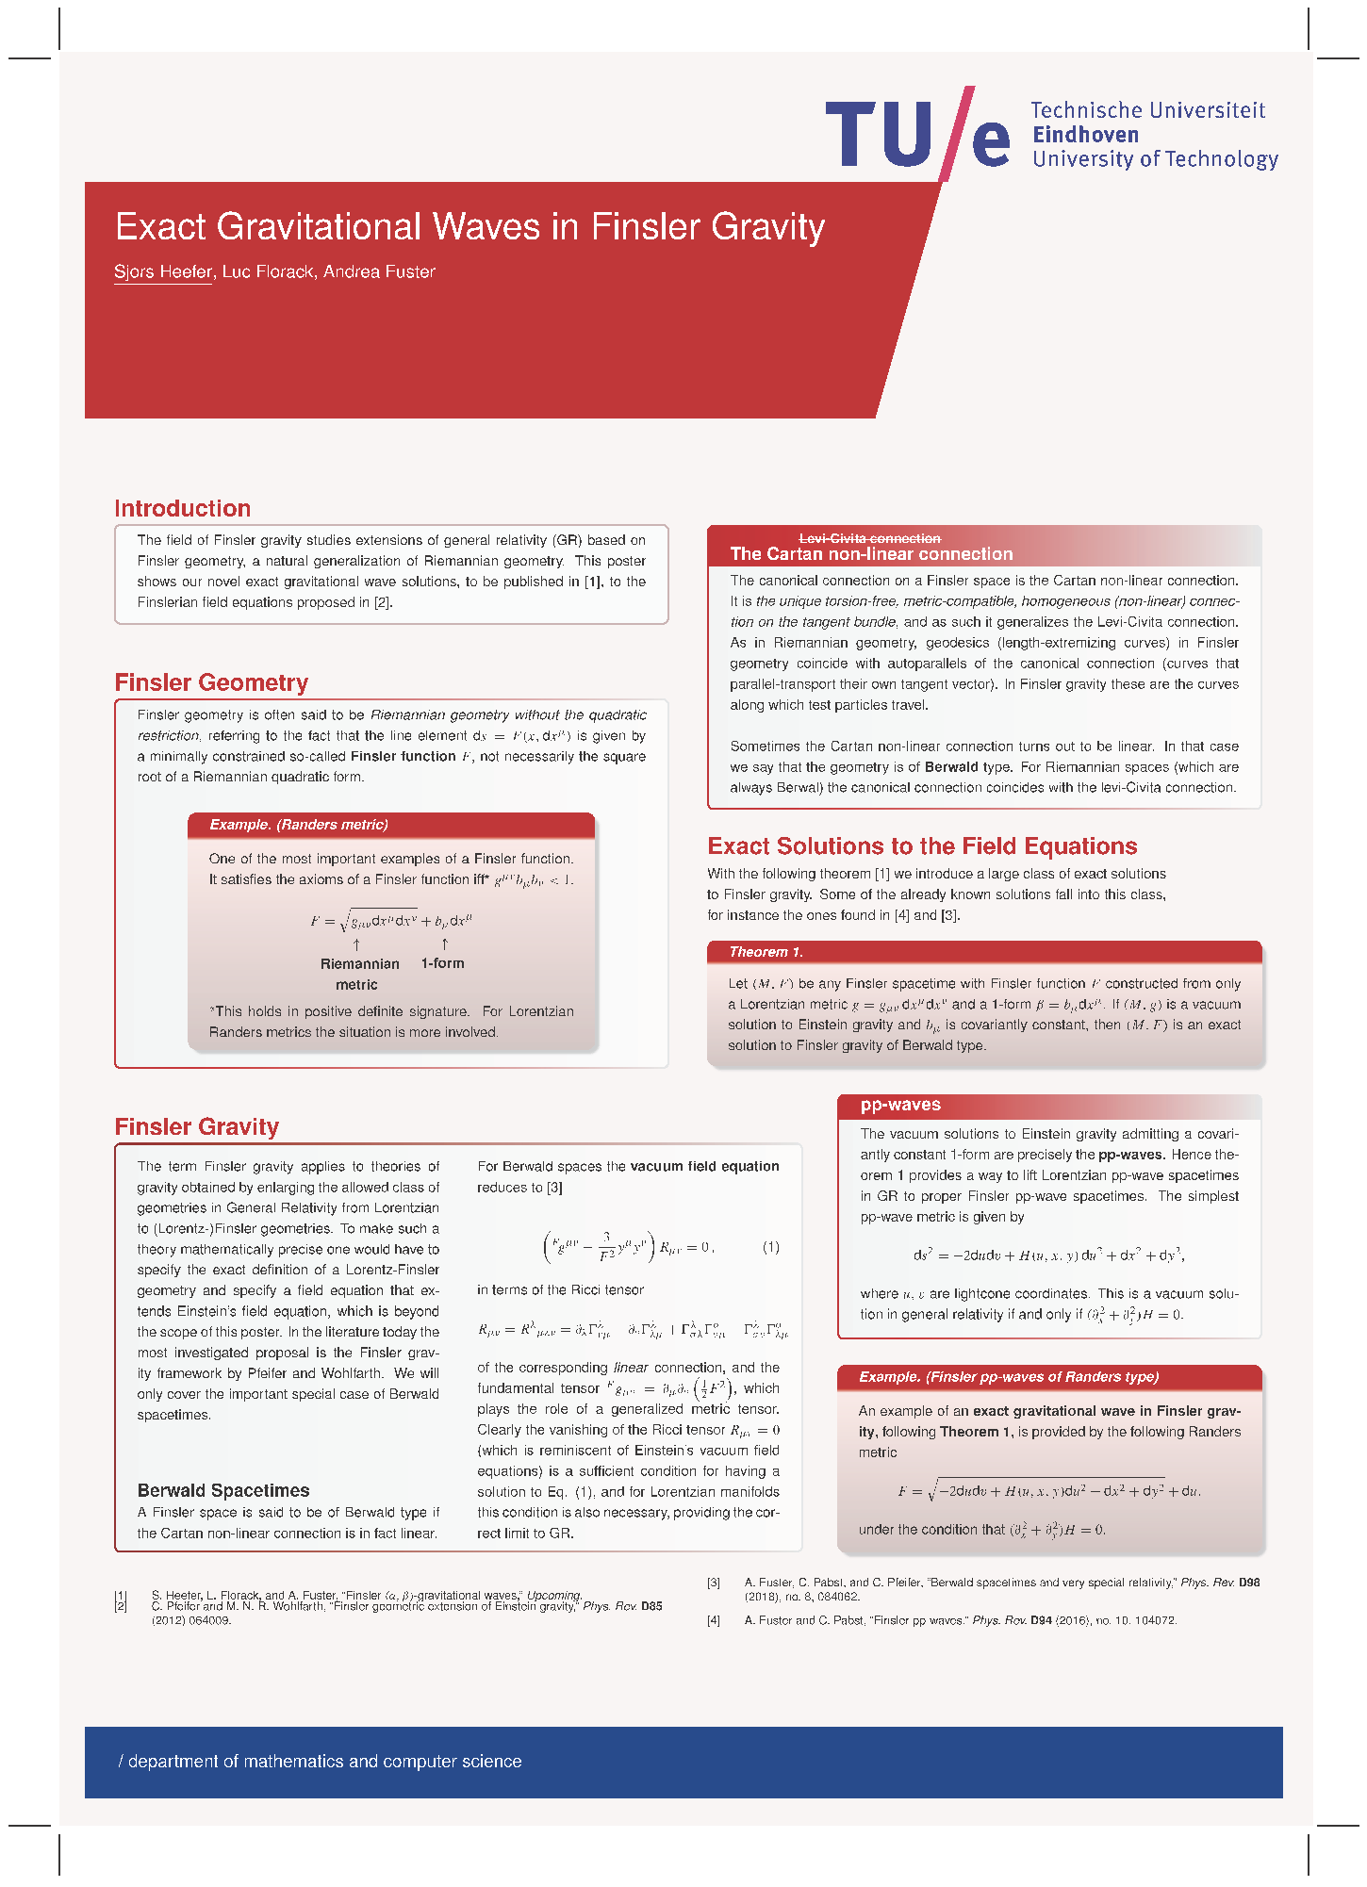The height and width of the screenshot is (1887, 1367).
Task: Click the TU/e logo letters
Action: [916, 135]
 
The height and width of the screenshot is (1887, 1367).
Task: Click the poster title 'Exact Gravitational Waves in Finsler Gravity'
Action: [469, 227]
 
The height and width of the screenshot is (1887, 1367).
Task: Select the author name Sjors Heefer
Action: [163, 271]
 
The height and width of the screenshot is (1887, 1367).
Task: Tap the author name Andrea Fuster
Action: [379, 271]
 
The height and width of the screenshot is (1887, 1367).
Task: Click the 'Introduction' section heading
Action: [182, 509]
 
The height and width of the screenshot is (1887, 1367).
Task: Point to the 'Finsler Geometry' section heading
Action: [211, 682]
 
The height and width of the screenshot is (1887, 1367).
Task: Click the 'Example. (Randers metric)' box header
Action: [298, 825]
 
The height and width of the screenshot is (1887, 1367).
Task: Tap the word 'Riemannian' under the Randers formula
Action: [359, 963]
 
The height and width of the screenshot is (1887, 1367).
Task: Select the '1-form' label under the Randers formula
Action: [442, 963]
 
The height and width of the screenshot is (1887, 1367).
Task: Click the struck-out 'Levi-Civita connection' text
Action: [869, 538]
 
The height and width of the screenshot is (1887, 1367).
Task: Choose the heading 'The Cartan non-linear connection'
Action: [871, 554]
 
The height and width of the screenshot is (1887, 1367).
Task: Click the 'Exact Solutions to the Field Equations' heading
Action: [922, 846]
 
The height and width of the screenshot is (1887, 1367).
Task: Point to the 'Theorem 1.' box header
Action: [766, 952]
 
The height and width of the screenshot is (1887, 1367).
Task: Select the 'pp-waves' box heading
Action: [900, 1105]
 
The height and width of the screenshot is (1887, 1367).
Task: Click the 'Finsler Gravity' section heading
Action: [196, 1127]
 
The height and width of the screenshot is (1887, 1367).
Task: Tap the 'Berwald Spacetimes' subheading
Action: [223, 1490]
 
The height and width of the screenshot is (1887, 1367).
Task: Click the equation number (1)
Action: [770, 1247]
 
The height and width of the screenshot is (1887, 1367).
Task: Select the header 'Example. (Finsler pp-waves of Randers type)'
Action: [1009, 1377]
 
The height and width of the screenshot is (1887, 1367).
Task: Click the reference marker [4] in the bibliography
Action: [714, 1620]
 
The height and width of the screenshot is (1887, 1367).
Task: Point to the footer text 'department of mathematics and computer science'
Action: [324, 1762]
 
